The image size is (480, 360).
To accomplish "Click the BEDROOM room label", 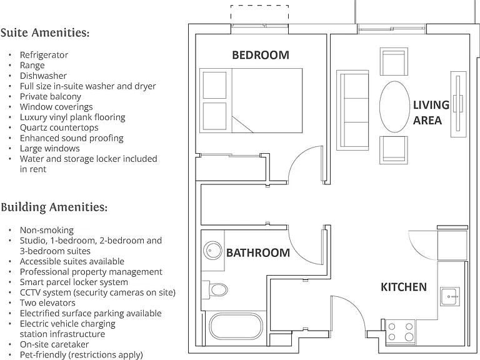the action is pos(261,55).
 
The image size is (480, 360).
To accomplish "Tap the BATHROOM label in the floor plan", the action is pos(257,253).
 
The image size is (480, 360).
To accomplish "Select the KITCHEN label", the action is pos(404,287).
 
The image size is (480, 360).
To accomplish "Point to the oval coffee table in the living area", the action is pos(394,106).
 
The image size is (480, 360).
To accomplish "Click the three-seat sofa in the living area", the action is pos(352,110).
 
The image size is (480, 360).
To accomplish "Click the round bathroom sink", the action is pos(212,251).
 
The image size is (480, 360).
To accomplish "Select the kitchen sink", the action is pos(450,297).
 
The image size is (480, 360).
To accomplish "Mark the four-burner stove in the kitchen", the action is pos(401,332).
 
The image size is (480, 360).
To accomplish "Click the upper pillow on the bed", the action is pos(214,85).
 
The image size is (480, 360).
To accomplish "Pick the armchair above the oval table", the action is pos(394,61).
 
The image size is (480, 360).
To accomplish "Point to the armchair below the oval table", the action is pos(394,150).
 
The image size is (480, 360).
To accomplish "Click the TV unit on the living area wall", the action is pos(458,104).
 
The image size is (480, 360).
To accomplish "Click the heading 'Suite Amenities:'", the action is pos(45,32).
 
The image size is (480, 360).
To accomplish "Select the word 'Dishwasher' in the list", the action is pos(43,76).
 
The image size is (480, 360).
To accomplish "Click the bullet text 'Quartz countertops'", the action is pos(59,127).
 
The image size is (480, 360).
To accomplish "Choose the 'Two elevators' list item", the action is pos(47,302).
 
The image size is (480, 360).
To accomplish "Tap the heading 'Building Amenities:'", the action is pos(54,207).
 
